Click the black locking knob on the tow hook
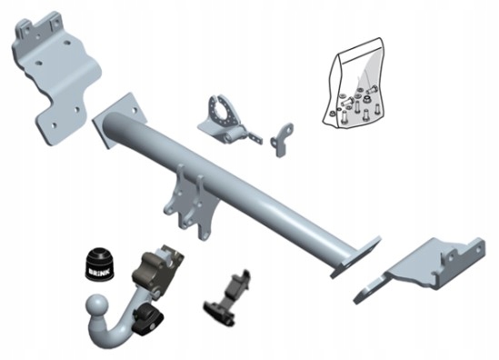(149, 322)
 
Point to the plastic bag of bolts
(354, 85)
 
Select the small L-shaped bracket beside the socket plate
(281, 139)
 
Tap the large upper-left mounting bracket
(56, 76)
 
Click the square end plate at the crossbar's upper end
(119, 119)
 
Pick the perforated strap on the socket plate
(254, 136)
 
